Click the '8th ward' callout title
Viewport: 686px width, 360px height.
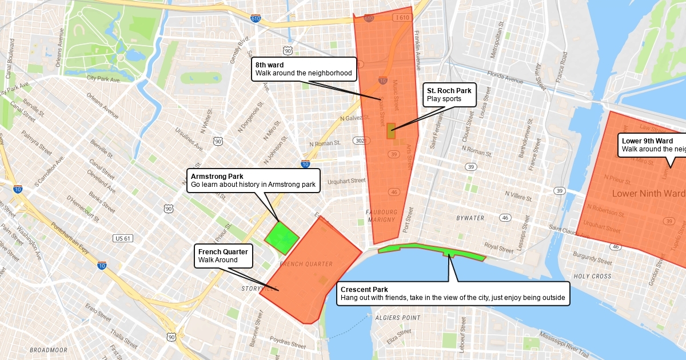click(x=270, y=65)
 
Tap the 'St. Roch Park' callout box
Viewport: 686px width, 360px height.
click(x=449, y=94)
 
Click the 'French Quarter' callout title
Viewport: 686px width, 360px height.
click(x=223, y=252)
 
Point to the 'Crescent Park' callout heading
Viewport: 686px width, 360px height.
click(x=364, y=290)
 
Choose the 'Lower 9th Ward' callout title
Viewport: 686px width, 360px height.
click(x=647, y=141)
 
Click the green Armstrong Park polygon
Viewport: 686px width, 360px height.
click(x=281, y=237)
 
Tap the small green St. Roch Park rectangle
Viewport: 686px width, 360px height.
click(x=391, y=131)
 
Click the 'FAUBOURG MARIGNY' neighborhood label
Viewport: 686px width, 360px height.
click(x=381, y=215)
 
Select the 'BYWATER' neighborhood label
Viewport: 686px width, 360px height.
click(x=470, y=218)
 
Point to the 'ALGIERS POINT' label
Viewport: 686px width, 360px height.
click(x=398, y=318)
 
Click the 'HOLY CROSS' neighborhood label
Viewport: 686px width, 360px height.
click(x=593, y=276)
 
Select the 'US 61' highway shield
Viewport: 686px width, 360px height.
click(x=123, y=238)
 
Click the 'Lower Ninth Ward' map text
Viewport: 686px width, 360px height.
click(x=648, y=194)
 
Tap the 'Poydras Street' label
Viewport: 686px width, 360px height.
click(x=288, y=342)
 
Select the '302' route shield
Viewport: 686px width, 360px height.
click(x=360, y=141)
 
